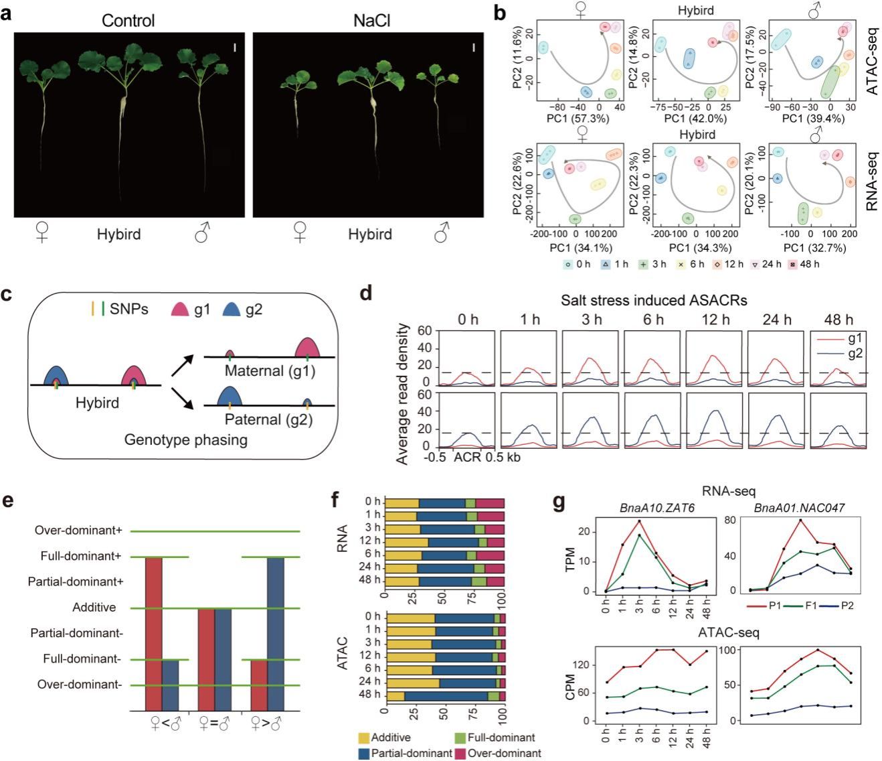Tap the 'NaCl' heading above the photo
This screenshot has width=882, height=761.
(x=371, y=21)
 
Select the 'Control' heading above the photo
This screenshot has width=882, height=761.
(x=128, y=21)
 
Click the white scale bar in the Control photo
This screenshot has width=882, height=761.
(x=235, y=48)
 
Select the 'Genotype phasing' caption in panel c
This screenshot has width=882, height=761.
(x=185, y=440)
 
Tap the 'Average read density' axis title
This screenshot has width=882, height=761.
(x=403, y=393)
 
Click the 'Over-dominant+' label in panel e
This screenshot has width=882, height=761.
(x=80, y=531)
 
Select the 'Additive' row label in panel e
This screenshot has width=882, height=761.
(x=94, y=608)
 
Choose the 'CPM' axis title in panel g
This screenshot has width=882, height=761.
(x=570, y=691)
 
